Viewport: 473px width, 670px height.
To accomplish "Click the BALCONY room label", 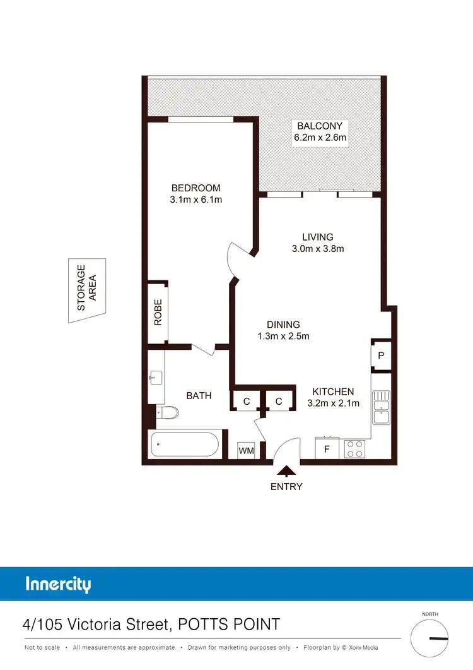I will pyautogui.click(x=320, y=126).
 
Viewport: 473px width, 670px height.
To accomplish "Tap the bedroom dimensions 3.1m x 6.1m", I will pyautogui.click(x=196, y=200).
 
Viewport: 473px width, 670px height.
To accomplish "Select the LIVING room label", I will pyautogui.click(x=317, y=237).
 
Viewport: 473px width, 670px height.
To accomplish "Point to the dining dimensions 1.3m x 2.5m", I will pyautogui.click(x=283, y=336).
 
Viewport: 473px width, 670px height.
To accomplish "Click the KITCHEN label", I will pyautogui.click(x=333, y=392).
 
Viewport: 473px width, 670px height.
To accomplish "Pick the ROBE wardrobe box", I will pyautogui.click(x=158, y=312).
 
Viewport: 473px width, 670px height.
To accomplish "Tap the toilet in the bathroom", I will pyautogui.click(x=168, y=412).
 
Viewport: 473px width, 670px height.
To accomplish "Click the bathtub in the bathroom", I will pyautogui.click(x=185, y=445).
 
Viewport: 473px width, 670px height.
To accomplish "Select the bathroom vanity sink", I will pyautogui.click(x=155, y=378).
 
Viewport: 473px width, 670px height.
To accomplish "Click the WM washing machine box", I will pyautogui.click(x=246, y=451).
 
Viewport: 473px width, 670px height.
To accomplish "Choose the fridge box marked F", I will pyautogui.click(x=327, y=450).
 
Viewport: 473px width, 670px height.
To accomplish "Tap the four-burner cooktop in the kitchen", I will pyautogui.click(x=354, y=449).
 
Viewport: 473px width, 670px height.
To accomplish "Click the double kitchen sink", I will pyautogui.click(x=380, y=408).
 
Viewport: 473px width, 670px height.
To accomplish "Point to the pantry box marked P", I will pyautogui.click(x=381, y=356).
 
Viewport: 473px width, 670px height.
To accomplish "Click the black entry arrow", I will pyautogui.click(x=286, y=470).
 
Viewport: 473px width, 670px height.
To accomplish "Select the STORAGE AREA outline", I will pyautogui.click(x=87, y=290).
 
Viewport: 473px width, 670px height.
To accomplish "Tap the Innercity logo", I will pyautogui.click(x=58, y=584).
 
